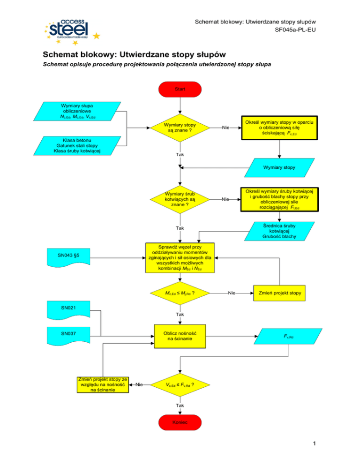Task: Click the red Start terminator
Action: (x=180, y=89)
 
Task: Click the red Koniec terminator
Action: (x=180, y=422)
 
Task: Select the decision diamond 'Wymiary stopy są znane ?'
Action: (x=180, y=127)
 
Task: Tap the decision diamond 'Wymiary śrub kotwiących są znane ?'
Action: (x=180, y=199)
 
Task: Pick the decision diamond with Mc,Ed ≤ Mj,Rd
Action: (x=180, y=293)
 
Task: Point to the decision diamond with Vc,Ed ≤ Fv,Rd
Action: (x=180, y=385)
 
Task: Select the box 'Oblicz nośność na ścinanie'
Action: (x=180, y=336)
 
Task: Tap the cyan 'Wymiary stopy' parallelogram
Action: (x=279, y=167)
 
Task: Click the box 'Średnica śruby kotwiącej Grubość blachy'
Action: (x=279, y=231)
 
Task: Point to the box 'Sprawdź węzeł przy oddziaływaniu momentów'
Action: (x=180, y=257)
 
